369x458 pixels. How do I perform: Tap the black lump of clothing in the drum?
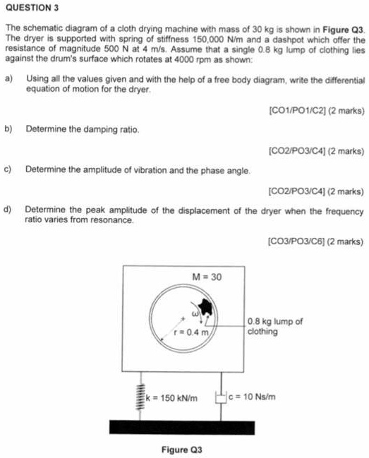[206, 306]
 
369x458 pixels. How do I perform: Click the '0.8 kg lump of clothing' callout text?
[275, 327]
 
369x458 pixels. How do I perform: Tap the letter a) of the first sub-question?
[8, 80]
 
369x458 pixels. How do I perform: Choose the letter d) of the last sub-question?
[8, 210]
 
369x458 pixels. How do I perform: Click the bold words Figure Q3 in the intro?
[342, 32]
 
